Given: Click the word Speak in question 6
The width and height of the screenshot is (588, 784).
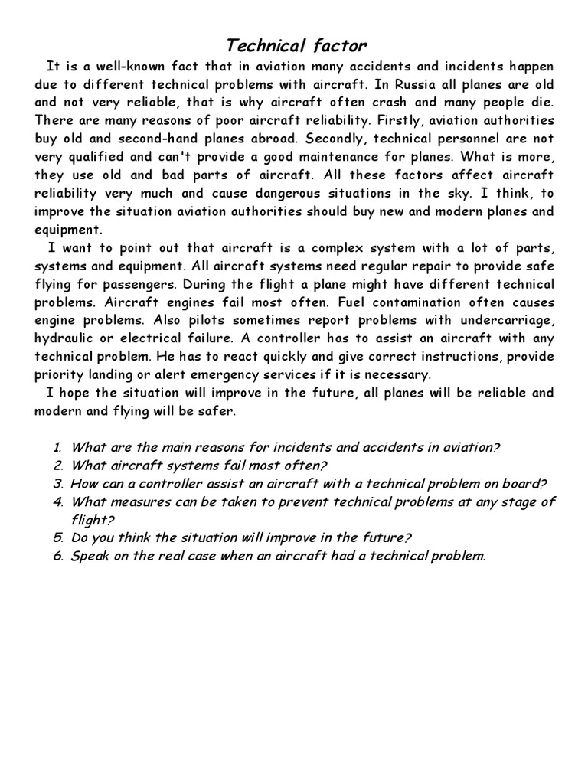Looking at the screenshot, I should (91, 557).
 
